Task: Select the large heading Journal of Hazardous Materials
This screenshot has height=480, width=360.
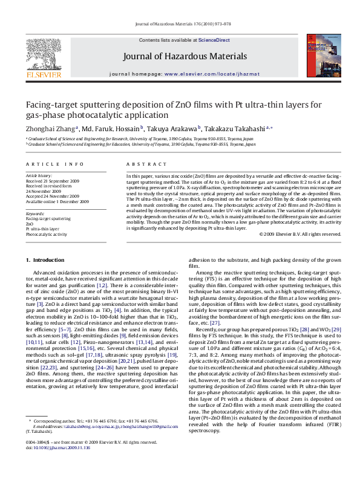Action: pyautogui.click(x=185, y=57)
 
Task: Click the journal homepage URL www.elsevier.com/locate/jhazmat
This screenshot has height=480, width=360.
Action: pyautogui.click(x=208, y=73)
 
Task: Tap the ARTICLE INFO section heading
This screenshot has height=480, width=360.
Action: pyautogui.click(x=55, y=164)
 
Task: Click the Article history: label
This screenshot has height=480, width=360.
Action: pyautogui.click(x=39, y=175)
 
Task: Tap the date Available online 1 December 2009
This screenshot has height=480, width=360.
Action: pyautogui.click(x=57, y=201)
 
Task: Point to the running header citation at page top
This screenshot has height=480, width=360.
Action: pyautogui.click(x=180, y=25)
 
